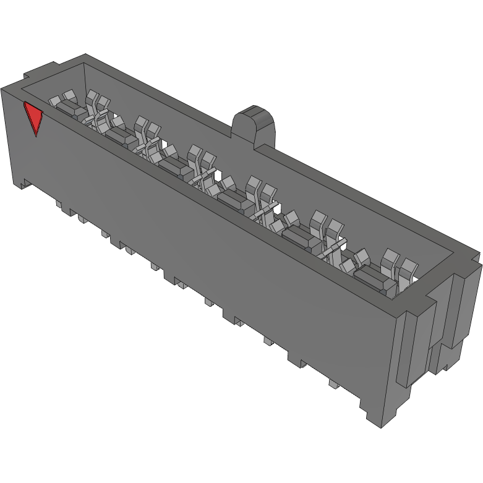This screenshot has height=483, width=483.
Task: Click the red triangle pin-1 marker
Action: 33,118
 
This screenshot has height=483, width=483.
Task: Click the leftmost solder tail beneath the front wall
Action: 59,204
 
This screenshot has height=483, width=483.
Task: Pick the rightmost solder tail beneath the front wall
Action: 333,384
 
